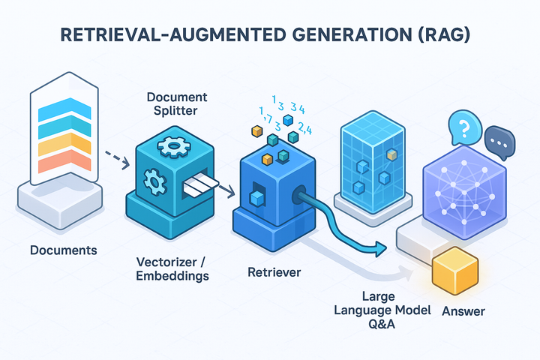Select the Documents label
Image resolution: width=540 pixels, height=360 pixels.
point(63,250)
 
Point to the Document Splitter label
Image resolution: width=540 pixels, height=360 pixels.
point(177,103)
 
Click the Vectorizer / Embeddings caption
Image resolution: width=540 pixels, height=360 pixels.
point(172,268)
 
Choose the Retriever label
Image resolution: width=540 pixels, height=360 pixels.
point(274,272)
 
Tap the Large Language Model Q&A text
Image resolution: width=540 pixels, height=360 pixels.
point(382,310)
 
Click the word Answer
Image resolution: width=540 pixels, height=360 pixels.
point(463,311)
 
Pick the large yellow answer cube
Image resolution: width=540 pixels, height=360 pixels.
point(455,271)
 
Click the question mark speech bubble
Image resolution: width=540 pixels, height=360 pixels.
point(464,127)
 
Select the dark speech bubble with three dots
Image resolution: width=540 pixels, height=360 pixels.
point(499,142)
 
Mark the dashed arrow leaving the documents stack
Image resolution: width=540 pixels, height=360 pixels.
point(117,160)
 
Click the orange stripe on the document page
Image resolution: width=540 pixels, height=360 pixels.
point(64,161)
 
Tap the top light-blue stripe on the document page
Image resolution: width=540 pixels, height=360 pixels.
point(64,109)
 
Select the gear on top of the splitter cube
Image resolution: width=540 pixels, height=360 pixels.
point(174,146)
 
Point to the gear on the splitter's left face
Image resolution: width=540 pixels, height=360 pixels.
point(155,182)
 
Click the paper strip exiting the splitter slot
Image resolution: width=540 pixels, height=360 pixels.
point(201,184)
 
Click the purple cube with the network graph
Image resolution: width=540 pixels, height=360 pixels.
point(464,192)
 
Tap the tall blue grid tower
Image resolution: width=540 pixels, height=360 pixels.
point(373,161)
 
